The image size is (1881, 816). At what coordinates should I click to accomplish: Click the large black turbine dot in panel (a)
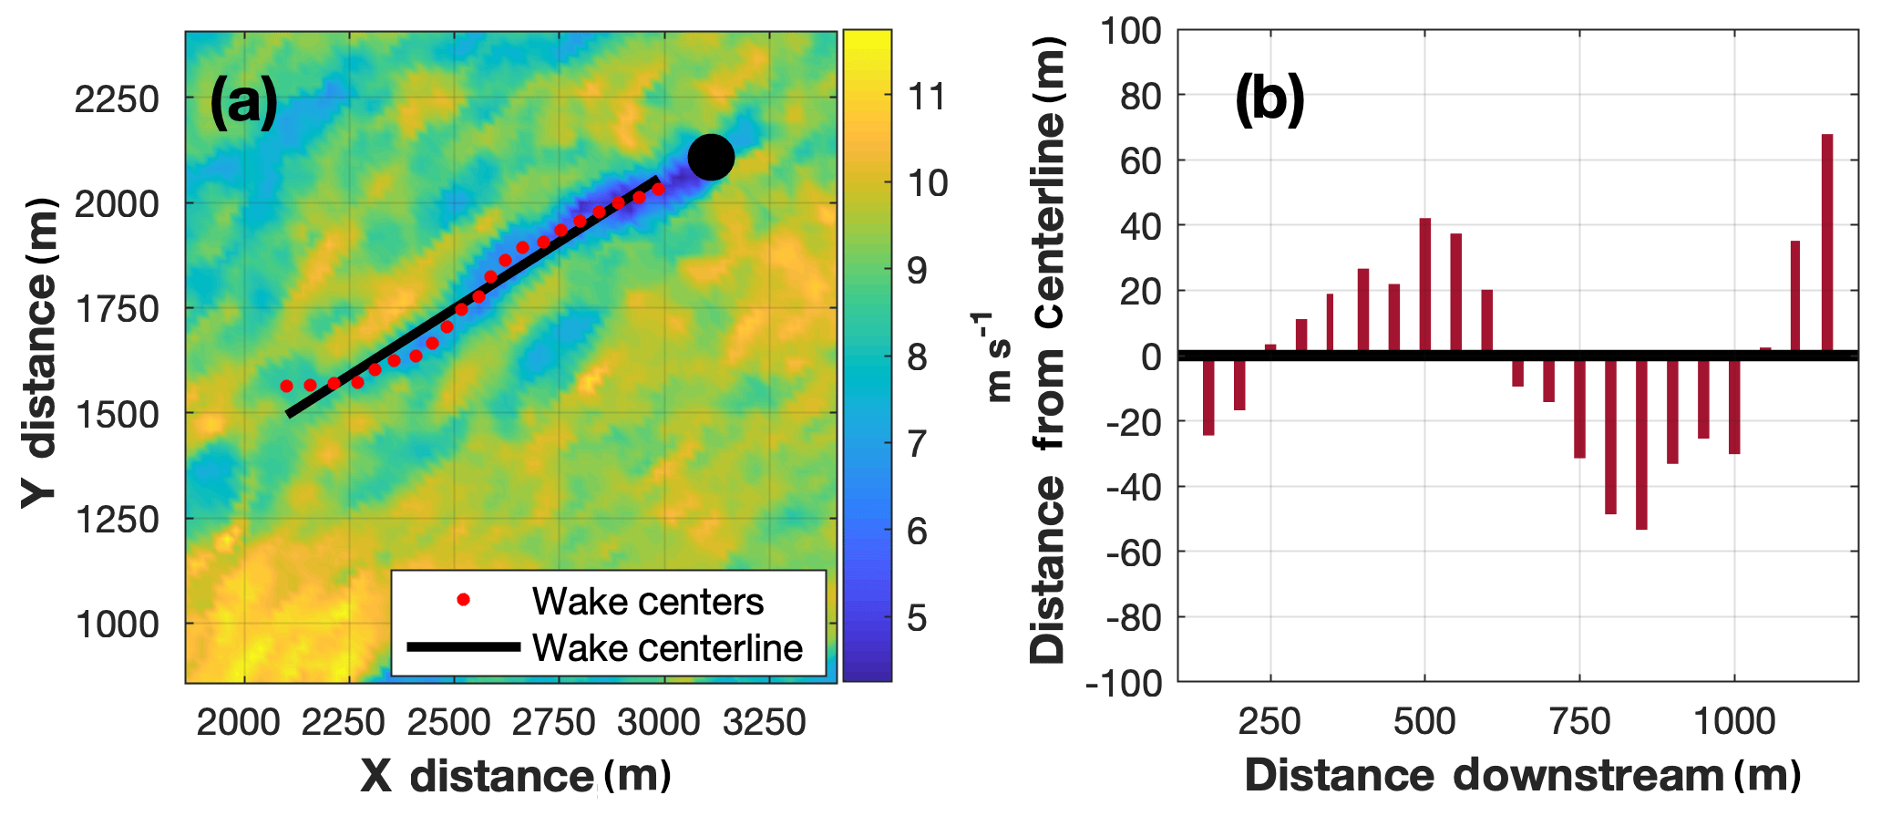click(711, 158)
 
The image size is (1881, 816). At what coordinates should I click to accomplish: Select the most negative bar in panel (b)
click(1641, 442)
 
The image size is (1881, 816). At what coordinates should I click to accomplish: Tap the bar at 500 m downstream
click(1425, 286)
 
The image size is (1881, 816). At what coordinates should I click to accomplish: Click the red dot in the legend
click(464, 600)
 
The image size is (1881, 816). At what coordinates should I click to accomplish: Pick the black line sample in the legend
click(464, 647)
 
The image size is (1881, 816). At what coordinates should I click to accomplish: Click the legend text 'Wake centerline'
click(667, 648)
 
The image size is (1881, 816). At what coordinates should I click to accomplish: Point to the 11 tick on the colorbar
click(928, 97)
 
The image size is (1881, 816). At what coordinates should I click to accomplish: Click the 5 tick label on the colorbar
click(917, 618)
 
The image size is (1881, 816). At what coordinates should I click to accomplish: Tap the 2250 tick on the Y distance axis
click(117, 98)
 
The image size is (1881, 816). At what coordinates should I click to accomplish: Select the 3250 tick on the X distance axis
click(765, 722)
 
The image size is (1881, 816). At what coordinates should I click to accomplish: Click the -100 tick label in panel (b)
click(1125, 683)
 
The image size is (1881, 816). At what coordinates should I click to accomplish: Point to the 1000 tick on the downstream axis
click(1734, 722)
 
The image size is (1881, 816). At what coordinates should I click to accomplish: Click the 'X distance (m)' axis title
click(516, 776)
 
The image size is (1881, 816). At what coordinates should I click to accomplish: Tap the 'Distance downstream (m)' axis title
click(1522, 776)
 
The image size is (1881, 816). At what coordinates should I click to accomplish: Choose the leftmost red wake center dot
click(286, 387)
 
